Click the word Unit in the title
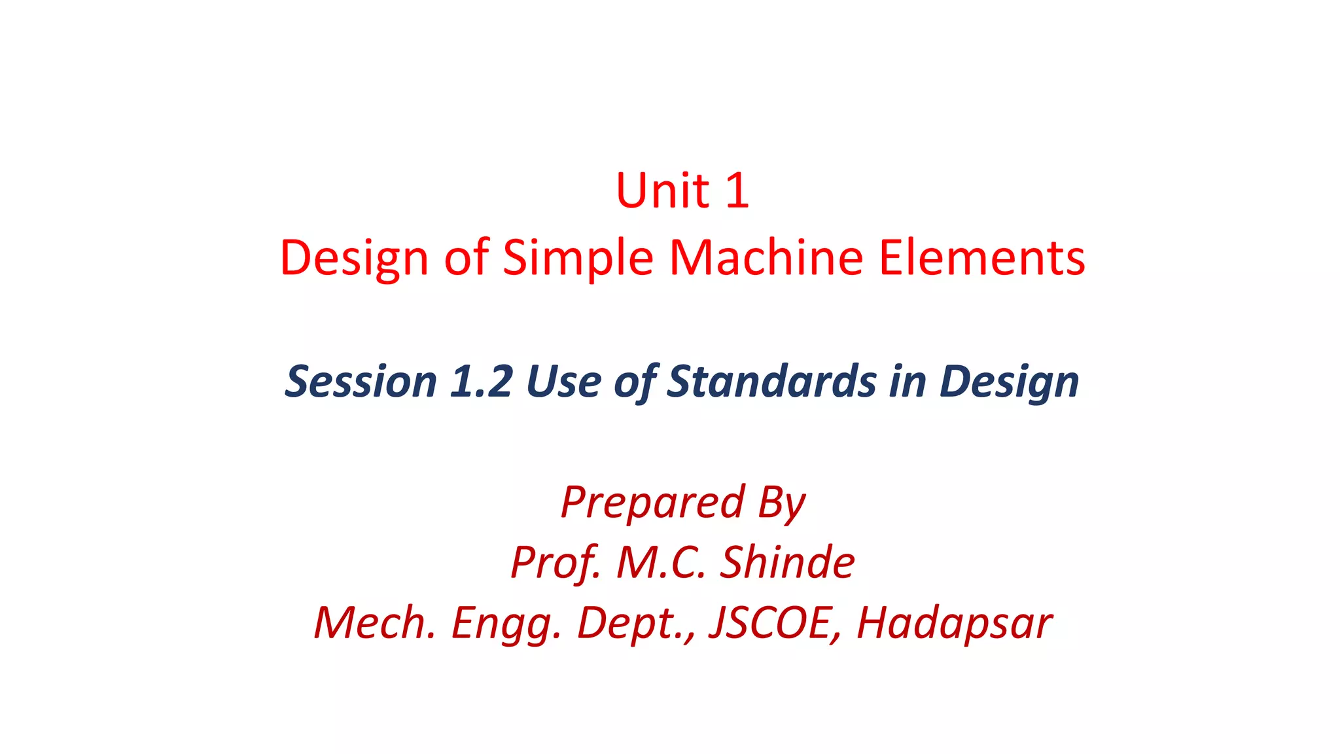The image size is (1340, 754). (662, 190)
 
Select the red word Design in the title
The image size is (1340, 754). (354, 258)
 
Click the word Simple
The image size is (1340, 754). (578, 258)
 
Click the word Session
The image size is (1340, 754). (361, 381)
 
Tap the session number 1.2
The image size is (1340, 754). (481, 381)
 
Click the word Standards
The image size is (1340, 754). (771, 381)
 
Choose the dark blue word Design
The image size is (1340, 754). (1009, 382)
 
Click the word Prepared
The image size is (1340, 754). (652, 503)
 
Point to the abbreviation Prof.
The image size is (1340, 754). (555, 563)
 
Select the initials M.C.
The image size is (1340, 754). (661, 562)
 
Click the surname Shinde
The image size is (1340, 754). (787, 562)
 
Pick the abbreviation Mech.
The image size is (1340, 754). (374, 622)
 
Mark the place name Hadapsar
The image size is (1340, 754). (954, 623)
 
